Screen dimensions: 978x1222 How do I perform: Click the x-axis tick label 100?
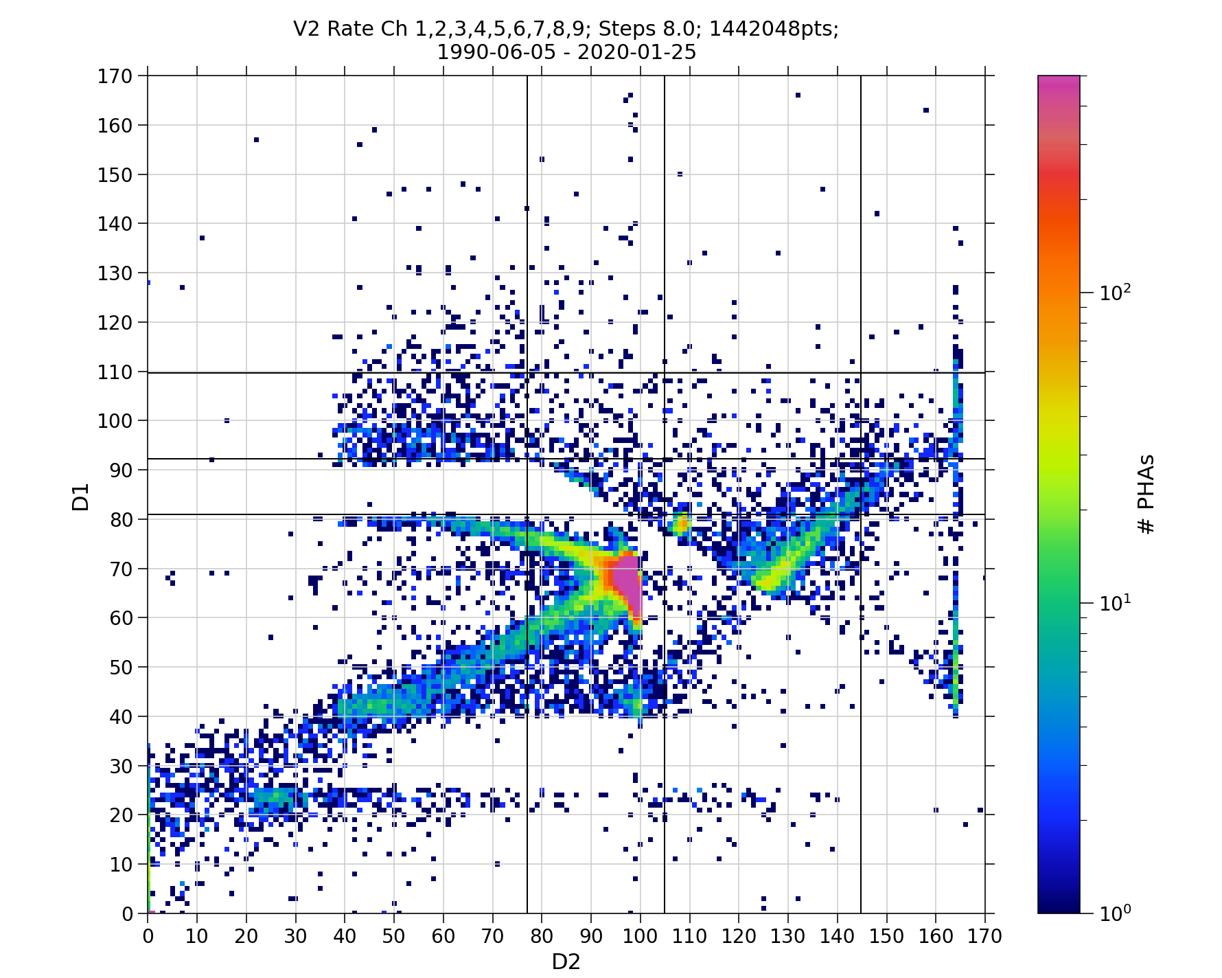(x=640, y=936)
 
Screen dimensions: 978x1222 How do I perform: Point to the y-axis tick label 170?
(x=115, y=76)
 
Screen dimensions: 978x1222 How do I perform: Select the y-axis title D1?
(x=81, y=497)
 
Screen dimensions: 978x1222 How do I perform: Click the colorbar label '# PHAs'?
(x=1146, y=494)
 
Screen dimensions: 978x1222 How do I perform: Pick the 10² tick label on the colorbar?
(x=1115, y=293)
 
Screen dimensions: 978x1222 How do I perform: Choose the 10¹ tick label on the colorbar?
(x=1115, y=603)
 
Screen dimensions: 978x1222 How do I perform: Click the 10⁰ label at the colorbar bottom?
(x=1115, y=913)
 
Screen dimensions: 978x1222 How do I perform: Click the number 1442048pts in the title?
(x=773, y=29)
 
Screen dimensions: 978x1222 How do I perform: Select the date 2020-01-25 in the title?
(x=636, y=52)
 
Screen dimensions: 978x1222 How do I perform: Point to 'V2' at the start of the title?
(x=307, y=29)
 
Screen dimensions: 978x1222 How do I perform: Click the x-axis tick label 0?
(x=148, y=936)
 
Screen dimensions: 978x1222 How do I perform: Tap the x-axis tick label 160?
(x=936, y=936)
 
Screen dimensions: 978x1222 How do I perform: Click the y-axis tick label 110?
(x=115, y=372)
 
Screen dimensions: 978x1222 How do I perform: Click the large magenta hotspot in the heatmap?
(x=626, y=576)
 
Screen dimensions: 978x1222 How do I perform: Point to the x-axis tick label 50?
(x=394, y=936)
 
